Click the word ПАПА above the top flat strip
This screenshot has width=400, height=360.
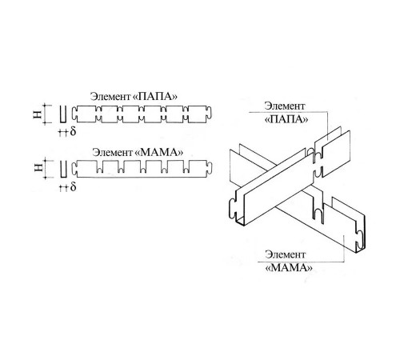[x=154, y=96]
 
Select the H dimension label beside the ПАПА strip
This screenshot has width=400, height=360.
[x=38, y=114]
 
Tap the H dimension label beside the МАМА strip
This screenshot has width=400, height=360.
[x=38, y=167]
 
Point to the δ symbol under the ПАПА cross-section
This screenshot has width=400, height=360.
[x=73, y=131]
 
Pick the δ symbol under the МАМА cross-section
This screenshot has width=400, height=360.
[x=74, y=186]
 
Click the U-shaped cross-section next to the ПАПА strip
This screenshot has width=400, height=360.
[x=62, y=114]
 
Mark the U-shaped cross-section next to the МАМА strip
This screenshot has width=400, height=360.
[x=63, y=169]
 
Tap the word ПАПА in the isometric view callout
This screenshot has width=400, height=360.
[x=286, y=119]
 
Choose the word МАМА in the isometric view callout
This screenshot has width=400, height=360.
[x=289, y=267]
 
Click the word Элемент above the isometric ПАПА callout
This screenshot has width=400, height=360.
[x=285, y=106]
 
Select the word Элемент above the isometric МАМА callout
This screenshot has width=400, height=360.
[x=285, y=254]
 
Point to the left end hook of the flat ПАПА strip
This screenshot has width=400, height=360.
[x=74, y=114]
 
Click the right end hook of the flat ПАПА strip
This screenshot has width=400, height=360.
[x=209, y=113]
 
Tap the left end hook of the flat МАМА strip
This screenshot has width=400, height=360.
[x=74, y=169]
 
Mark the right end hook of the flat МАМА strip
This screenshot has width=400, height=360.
[x=209, y=168]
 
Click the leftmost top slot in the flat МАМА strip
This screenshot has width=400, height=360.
[x=99, y=167]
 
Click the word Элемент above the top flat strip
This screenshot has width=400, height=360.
[x=110, y=96]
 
